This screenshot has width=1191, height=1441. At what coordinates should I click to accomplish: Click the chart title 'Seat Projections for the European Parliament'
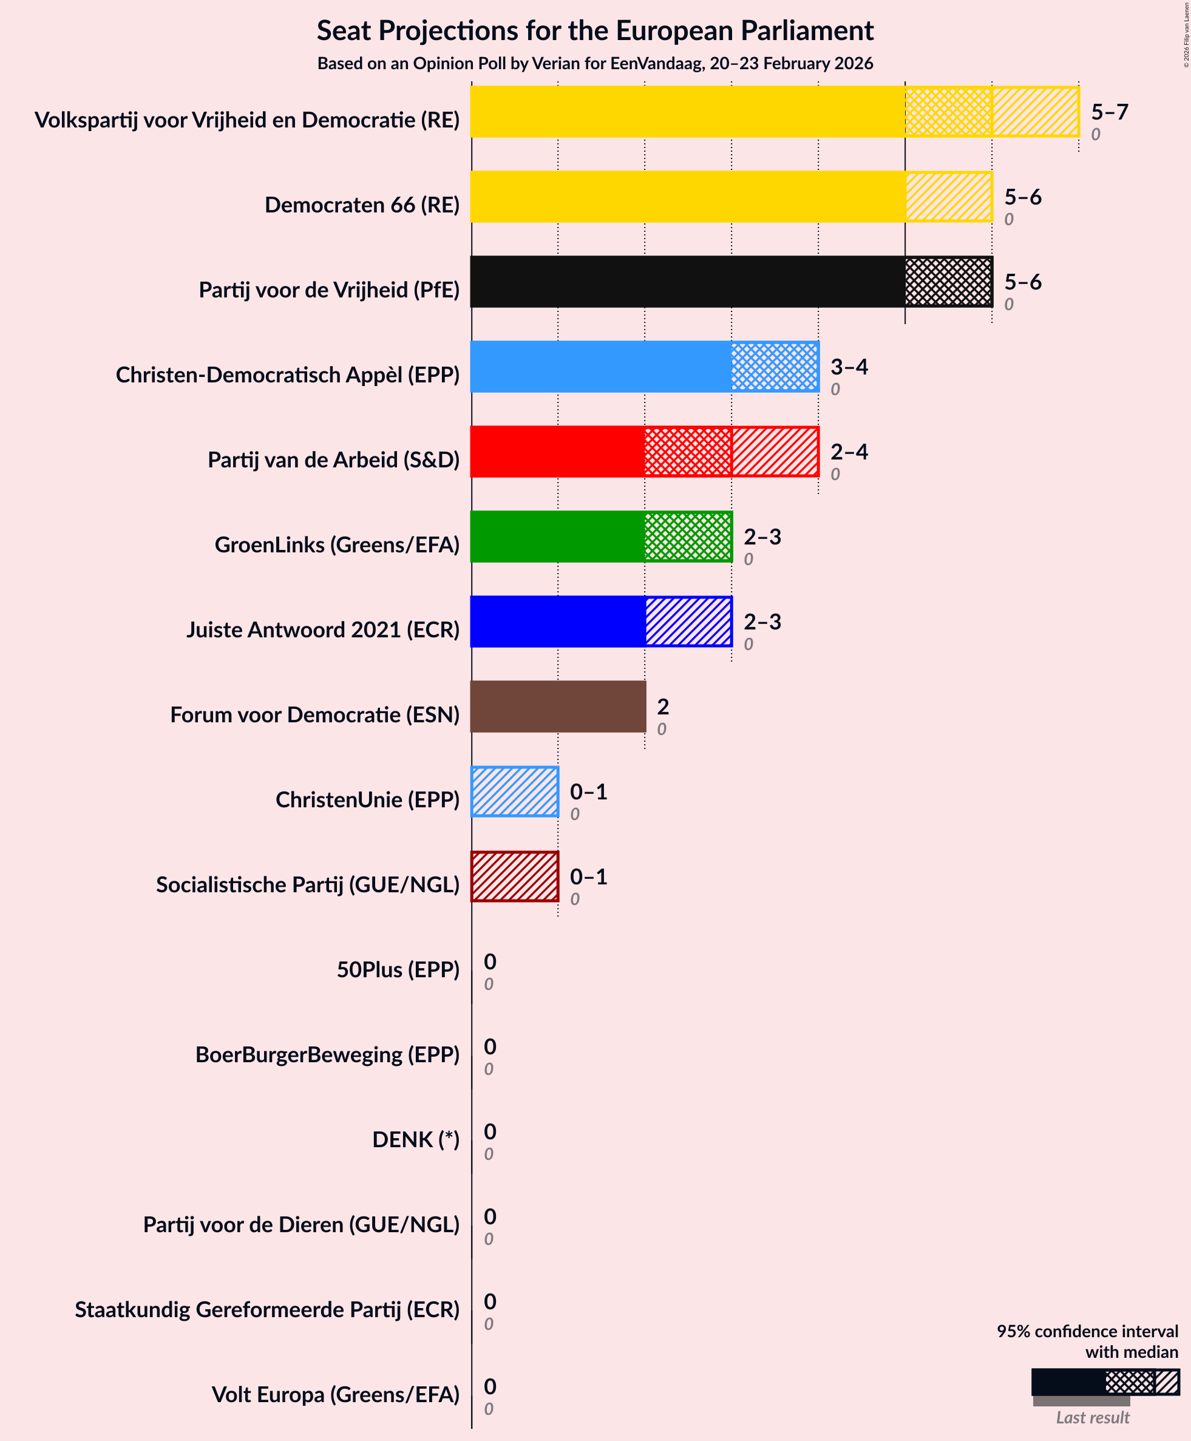pos(595,31)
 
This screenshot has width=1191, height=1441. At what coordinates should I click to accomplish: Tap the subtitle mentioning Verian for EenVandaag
pos(595,64)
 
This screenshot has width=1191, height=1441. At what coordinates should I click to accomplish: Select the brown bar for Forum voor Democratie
pos(558,707)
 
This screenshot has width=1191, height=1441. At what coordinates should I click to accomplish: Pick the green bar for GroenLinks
pos(601,537)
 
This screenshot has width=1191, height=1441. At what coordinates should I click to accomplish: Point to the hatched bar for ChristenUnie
pos(515,792)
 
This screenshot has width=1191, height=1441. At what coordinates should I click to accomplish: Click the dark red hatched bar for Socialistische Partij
pos(515,876)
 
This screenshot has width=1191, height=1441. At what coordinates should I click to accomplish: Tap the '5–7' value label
pos(1110,112)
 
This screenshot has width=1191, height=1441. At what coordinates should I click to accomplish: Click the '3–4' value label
pos(849,367)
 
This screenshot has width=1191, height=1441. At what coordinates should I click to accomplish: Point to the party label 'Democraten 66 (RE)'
pos(362,205)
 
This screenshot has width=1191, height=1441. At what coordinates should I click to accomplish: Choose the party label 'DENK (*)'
pos(415,1139)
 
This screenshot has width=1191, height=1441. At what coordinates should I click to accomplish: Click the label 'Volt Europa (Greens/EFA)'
pos(335,1394)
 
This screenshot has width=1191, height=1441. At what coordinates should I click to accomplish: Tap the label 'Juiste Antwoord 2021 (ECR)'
pos(322,629)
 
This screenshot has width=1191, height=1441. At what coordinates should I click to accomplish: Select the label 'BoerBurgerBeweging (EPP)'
pos(327,1054)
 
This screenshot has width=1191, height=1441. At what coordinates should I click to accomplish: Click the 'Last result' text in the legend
pos(1092,1418)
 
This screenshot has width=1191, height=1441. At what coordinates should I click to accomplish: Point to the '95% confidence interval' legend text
pos(1087,1331)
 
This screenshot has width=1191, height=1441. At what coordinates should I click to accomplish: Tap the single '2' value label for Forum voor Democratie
pos(663,707)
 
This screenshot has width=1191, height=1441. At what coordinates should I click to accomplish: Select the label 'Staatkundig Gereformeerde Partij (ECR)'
pos(267,1309)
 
